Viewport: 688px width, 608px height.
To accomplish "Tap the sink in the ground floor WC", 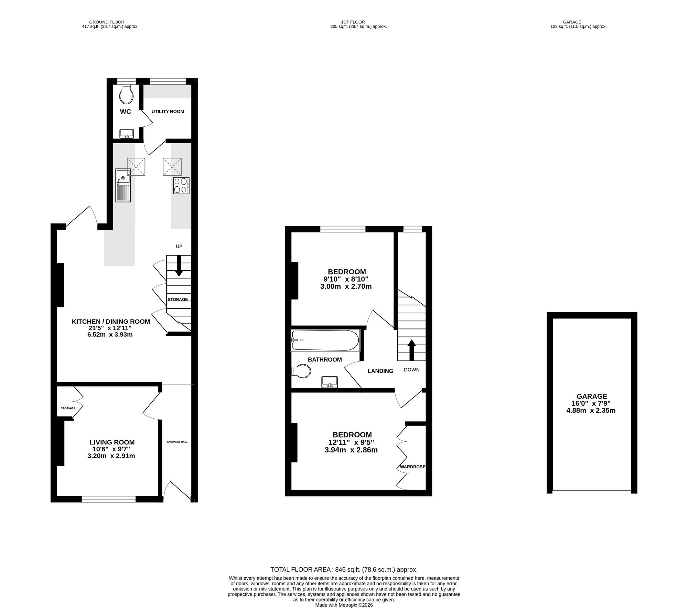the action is click(x=127, y=134).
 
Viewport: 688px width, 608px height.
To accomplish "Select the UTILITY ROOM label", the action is click(x=168, y=112).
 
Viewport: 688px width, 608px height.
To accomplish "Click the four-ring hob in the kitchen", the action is click(x=181, y=186).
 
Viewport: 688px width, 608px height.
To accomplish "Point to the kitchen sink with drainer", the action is click(x=123, y=185).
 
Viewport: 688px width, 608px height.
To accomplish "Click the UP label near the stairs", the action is click(x=179, y=246).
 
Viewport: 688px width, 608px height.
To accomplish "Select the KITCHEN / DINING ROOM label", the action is click(x=111, y=322).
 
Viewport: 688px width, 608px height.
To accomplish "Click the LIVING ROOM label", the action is click(x=112, y=442).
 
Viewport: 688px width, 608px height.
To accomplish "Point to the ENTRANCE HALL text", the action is click(x=177, y=442).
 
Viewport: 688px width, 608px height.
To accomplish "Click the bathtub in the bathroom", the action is click(x=325, y=340).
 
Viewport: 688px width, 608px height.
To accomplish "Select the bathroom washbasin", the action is click(x=330, y=382).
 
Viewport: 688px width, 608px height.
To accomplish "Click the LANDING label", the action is click(x=380, y=371).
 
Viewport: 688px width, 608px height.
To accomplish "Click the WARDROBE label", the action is click(x=412, y=467).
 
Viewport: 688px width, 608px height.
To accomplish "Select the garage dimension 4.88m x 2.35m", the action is click(x=591, y=410).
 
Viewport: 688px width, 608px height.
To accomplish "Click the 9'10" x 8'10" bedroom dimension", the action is click(x=346, y=279).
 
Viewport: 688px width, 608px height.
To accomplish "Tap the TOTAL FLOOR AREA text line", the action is click(x=344, y=569).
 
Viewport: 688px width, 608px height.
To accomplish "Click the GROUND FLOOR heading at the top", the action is click(x=107, y=22).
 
